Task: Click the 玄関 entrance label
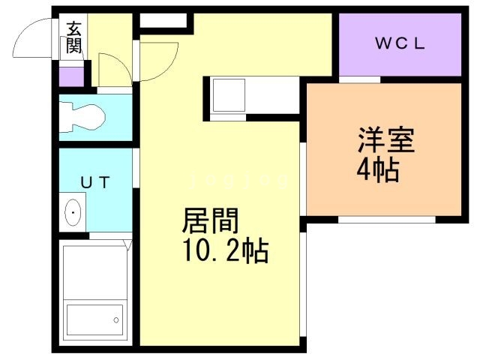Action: coord(74,39)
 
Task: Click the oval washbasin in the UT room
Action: coord(73,214)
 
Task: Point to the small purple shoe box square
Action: coord(71,76)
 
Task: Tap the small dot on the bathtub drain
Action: coord(117,320)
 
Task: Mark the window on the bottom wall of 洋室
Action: coord(385,220)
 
